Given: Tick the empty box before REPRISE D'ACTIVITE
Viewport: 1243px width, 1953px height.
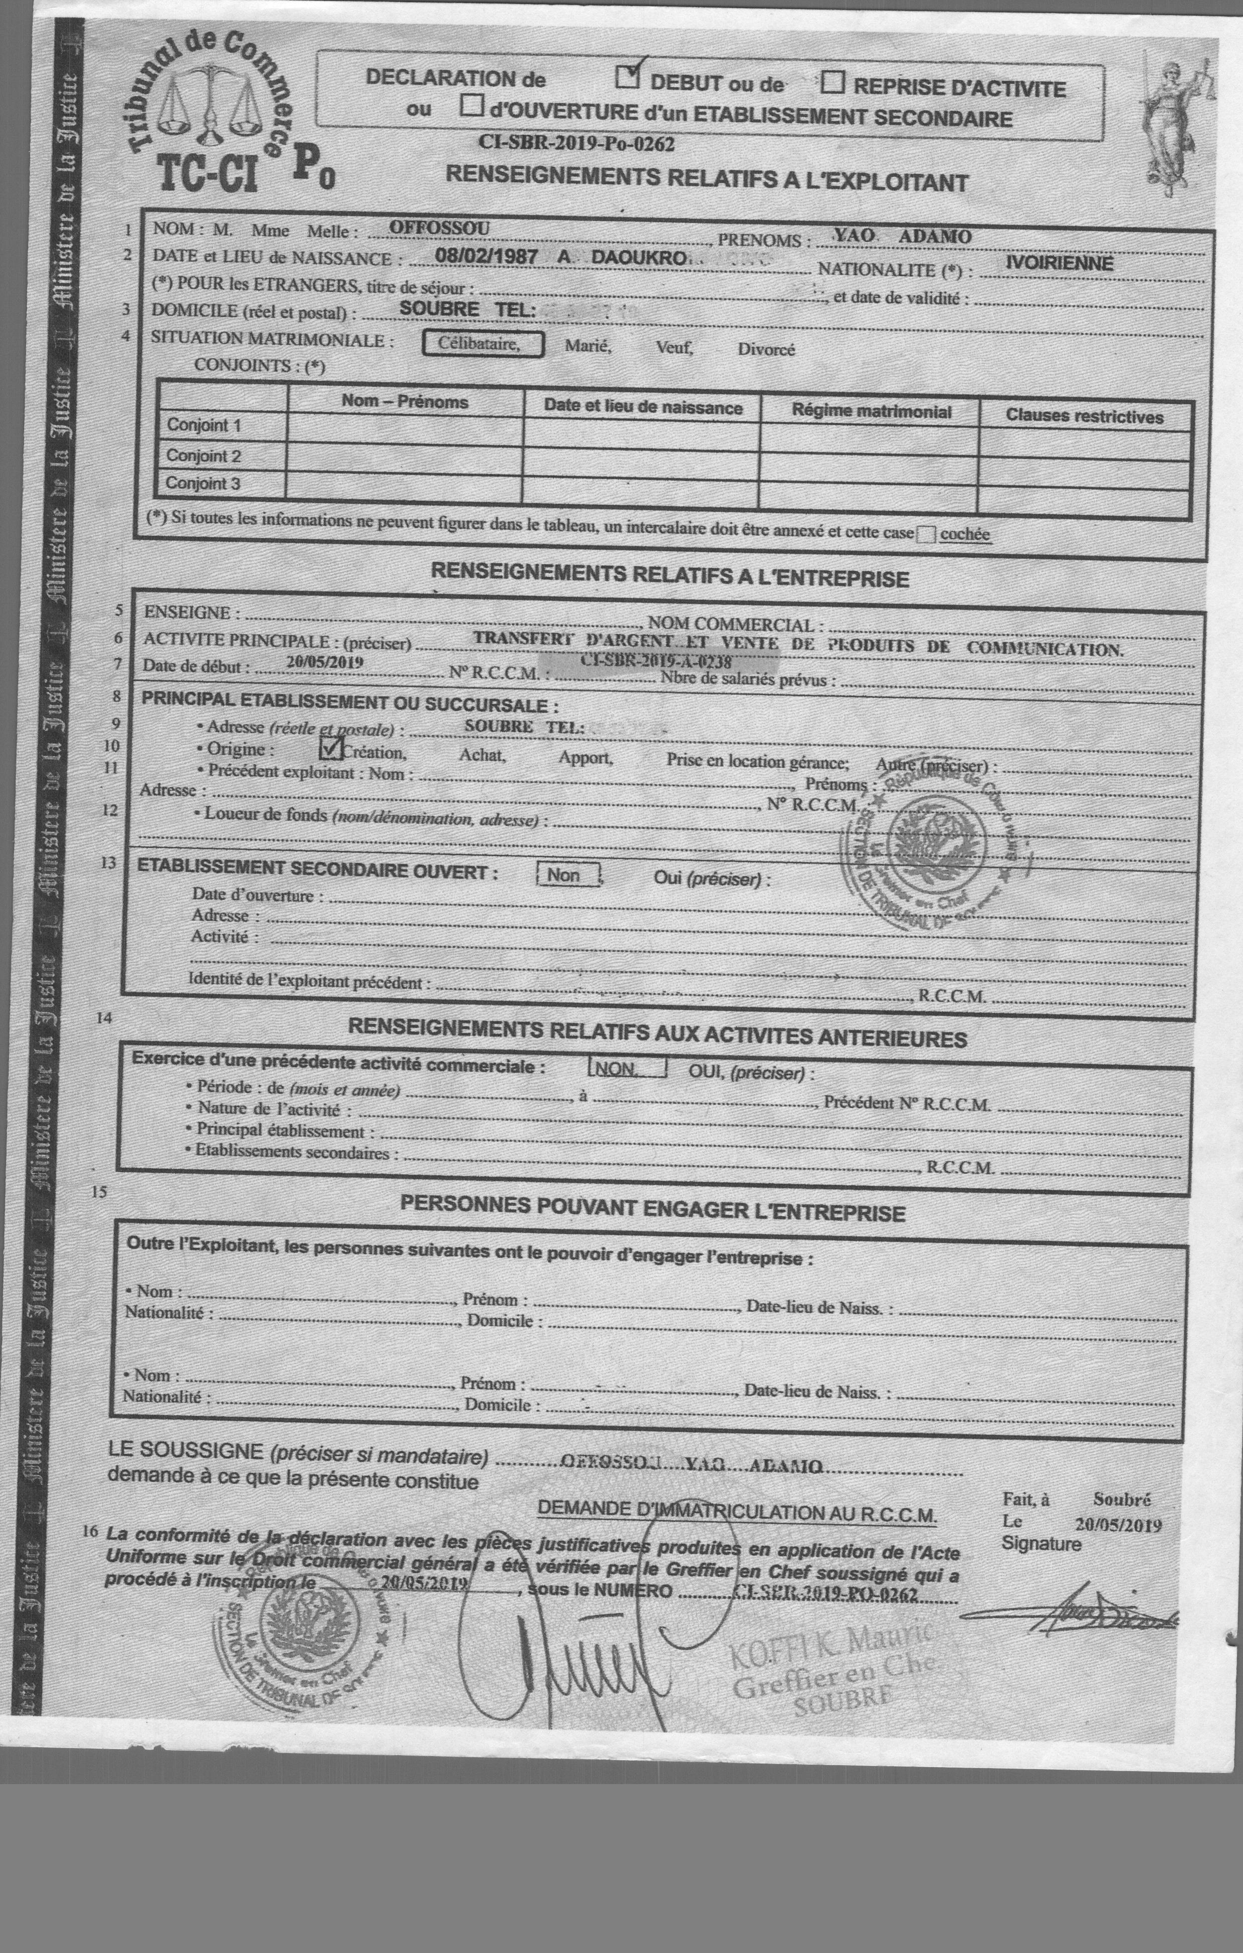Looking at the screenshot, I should [x=834, y=83].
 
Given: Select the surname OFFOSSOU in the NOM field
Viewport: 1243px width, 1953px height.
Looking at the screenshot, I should [x=439, y=228].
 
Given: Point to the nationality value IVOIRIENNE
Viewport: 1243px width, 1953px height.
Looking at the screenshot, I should [x=1059, y=264].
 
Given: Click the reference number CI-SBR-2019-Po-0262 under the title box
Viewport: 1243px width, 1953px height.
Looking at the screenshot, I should [x=576, y=143].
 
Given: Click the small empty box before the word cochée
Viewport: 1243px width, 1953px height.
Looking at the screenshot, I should [x=926, y=534].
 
